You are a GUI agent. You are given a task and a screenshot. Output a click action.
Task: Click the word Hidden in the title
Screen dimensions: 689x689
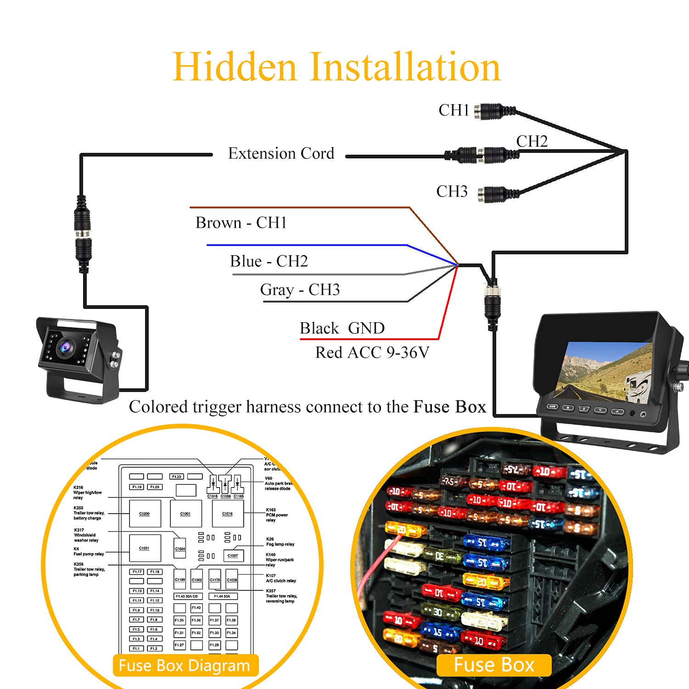coord(235,67)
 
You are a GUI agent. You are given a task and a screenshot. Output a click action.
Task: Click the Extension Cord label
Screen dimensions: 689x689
coord(281,153)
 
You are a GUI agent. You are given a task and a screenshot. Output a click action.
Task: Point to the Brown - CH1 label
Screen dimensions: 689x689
coord(241,223)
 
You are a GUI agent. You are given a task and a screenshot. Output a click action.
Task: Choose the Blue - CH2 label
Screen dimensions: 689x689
coord(269,261)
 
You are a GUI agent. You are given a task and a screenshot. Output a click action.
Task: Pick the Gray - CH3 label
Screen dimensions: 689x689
coord(300,290)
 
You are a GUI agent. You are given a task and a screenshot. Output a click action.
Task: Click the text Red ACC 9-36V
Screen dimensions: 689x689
coord(372,353)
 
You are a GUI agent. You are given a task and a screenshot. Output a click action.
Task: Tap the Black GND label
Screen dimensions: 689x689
coord(342,328)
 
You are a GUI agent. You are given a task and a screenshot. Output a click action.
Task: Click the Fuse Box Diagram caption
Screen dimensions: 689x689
coord(184,665)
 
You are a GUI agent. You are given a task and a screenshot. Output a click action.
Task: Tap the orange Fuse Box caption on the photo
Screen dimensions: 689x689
coord(494,665)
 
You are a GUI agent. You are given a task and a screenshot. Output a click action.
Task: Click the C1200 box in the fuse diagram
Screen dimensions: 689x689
coord(145,514)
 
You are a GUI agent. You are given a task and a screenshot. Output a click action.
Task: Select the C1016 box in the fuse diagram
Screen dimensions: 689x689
coord(228,514)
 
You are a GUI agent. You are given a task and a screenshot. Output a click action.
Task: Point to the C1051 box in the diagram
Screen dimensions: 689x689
coord(145,548)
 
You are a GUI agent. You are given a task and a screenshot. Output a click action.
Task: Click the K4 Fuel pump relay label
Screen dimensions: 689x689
coord(89,551)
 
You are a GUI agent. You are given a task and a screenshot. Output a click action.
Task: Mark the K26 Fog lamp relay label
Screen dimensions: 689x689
coord(280,542)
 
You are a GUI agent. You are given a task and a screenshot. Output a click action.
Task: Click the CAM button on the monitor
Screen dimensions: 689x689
coord(552,406)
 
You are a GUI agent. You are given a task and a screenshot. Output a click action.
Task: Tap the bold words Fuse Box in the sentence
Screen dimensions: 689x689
coord(449,407)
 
